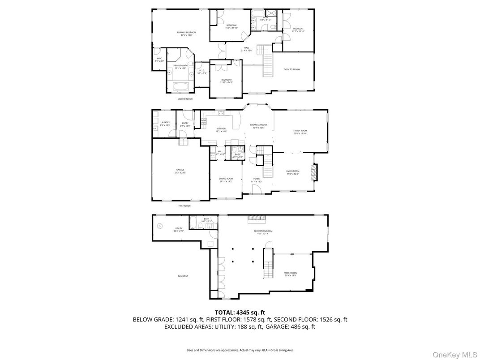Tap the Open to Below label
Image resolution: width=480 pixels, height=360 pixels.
pos(291,69)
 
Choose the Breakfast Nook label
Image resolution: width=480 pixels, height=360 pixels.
pos(258,126)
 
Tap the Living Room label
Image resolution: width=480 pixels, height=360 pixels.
pos(292,172)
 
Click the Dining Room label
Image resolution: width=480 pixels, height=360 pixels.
pos(226,180)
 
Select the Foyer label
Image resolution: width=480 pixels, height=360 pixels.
pos(257,180)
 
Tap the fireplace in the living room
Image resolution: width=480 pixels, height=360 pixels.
pos(314,172)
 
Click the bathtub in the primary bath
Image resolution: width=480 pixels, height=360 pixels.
pos(180,86)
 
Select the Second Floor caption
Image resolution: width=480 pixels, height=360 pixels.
pos(185,99)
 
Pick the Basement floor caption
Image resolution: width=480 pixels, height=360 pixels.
pos(183,276)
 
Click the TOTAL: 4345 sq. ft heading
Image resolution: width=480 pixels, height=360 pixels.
pos(240,312)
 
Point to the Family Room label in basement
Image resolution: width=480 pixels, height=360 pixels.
pos(291,274)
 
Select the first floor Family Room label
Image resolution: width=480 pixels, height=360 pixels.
pos(300,132)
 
